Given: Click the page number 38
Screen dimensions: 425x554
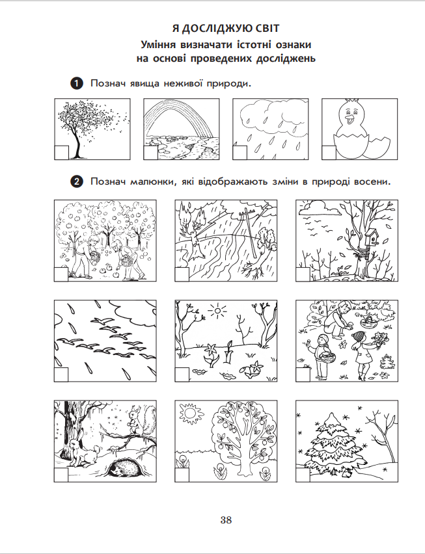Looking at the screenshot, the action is (226, 520).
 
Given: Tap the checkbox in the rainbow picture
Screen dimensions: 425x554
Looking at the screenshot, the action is (150, 153).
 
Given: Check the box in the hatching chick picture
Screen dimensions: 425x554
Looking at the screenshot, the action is (329, 153).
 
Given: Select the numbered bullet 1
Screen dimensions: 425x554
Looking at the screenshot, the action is (77, 84).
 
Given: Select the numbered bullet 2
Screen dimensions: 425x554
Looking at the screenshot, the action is (77, 182).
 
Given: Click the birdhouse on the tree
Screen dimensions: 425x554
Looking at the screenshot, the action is (371, 235).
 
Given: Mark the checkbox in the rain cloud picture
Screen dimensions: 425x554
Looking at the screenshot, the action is (240, 153).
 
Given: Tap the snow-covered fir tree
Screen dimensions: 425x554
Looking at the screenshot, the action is (334, 443).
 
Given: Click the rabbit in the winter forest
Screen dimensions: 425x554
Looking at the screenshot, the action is (84, 453).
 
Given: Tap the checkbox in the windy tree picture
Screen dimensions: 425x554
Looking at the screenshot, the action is (61, 153).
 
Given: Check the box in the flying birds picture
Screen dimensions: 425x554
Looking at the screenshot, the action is (61, 375).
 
